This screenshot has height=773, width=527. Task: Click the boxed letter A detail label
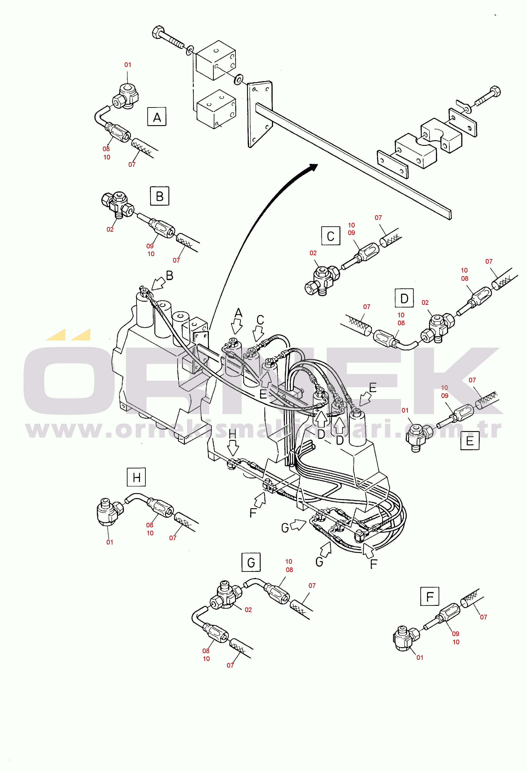click(157, 116)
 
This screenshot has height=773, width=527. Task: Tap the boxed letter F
click(430, 596)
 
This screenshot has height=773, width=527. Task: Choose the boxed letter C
click(331, 236)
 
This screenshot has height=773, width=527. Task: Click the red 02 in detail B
click(110, 229)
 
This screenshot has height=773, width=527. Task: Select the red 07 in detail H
click(173, 538)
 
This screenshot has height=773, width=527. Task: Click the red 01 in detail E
click(405, 410)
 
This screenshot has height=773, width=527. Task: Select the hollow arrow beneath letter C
click(258, 334)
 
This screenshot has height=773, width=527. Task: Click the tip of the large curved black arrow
click(317, 165)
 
